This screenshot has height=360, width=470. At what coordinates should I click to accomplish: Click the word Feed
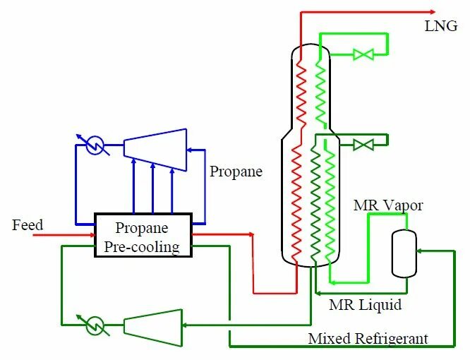pos(28,225)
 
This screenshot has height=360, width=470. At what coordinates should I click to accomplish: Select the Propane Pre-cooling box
pos(143,236)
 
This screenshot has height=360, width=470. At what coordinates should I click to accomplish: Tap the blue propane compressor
pos(155,148)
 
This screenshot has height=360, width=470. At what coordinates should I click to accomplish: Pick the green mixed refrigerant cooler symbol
pos(95,325)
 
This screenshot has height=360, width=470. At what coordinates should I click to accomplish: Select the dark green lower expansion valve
pos(363,145)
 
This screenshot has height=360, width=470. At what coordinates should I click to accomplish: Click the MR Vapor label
pos(388,205)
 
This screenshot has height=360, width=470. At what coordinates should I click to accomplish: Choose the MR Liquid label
pos(366,306)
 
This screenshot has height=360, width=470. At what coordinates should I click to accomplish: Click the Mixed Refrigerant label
pos(368,340)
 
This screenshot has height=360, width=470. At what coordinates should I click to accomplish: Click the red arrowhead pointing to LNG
pos(432,11)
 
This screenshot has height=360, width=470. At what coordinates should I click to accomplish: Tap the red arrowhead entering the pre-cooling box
pos(91,235)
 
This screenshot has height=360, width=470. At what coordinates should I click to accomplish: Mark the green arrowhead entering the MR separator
pos(420,250)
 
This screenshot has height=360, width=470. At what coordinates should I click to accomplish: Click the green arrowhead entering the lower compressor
pos(186,325)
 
